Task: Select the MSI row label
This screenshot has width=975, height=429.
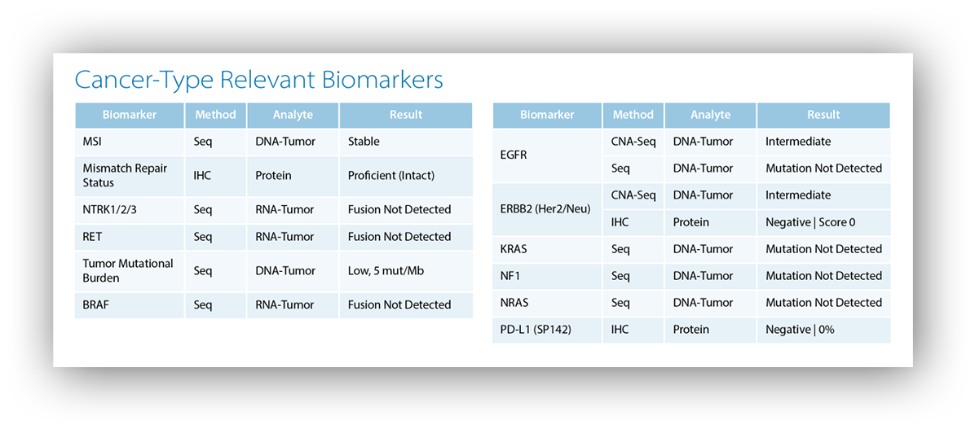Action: (x=92, y=142)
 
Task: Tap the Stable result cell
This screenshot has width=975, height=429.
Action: (x=364, y=142)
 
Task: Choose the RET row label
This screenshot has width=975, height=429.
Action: (x=92, y=237)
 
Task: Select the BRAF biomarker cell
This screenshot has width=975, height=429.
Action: (x=95, y=304)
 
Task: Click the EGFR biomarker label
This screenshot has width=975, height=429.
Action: (x=514, y=155)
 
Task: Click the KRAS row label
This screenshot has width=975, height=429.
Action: (x=514, y=249)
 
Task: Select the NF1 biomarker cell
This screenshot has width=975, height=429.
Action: (x=510, y=276)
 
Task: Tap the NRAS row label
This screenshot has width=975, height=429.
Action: (x=514, y=302)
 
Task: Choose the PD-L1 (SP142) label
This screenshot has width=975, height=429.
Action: (x=536, y=330)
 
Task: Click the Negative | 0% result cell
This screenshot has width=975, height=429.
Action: (x=801, y=330)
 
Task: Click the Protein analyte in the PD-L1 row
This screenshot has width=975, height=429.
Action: (x=690, y=330)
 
